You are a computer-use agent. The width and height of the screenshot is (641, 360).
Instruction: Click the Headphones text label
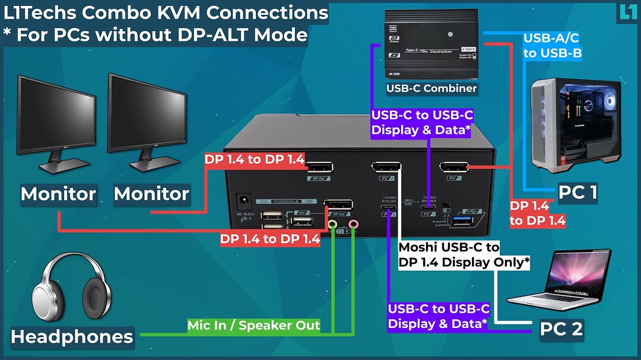coord(72,337)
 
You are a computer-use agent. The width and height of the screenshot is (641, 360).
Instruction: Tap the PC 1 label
coord(577,192)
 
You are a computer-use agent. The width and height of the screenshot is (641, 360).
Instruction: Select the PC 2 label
coord(561,329)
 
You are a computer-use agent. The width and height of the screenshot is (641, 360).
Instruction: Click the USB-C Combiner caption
coord(431,88)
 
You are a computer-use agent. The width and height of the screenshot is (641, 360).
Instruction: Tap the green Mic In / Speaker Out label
coord(254,325)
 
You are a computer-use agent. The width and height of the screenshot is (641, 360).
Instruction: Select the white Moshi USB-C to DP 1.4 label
coord(464,254)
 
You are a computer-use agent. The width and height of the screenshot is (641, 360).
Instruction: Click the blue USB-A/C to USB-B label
coord(551,46)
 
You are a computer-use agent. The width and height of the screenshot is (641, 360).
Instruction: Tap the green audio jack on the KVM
coord(333,225)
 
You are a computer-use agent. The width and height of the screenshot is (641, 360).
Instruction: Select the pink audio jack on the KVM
coord(354,225)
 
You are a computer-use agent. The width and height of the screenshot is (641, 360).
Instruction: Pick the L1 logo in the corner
coord(627,12)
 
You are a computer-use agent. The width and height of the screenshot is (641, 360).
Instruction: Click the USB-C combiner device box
coord(431,44)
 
